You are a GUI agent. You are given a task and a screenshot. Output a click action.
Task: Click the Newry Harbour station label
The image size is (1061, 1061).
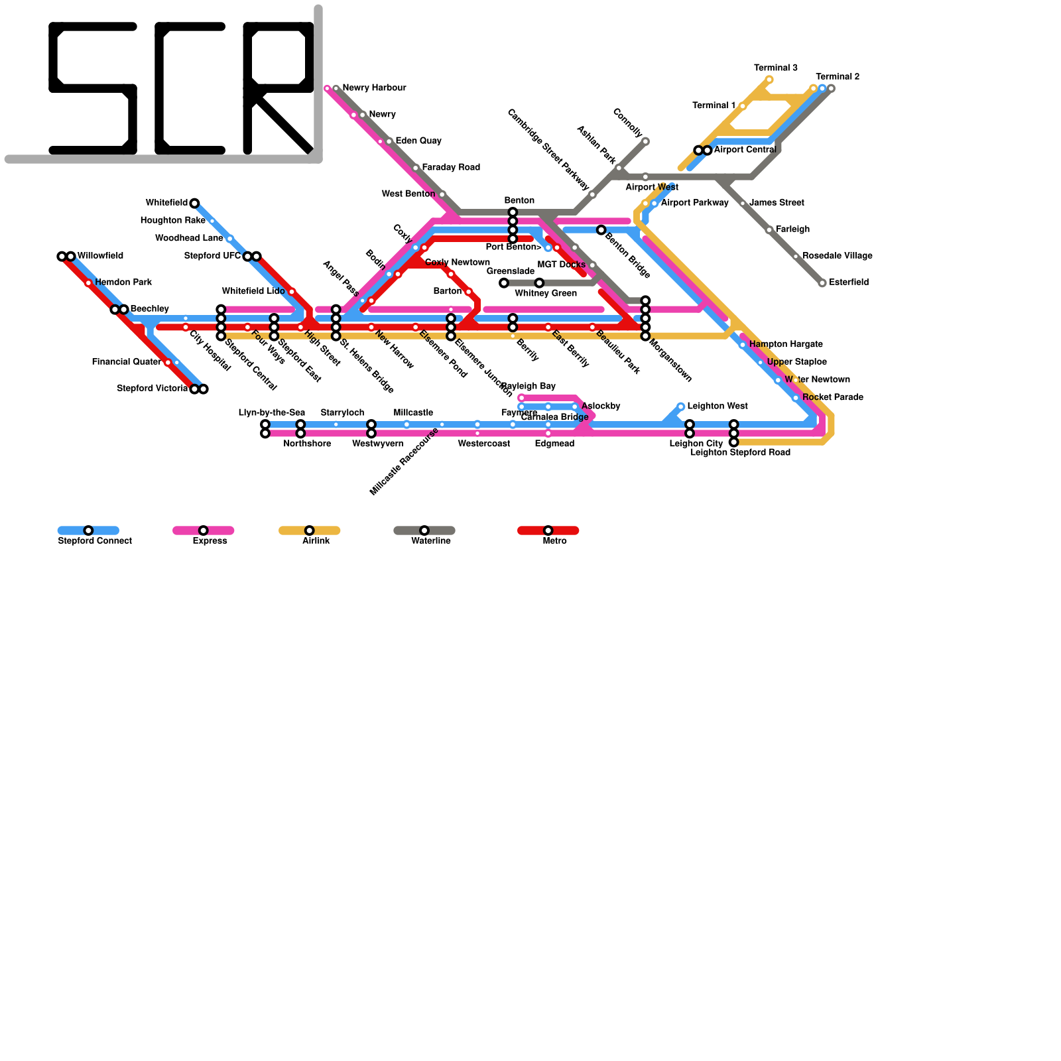tap(374, 88)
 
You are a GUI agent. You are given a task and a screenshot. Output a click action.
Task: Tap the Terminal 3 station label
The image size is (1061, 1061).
tap(775, 68)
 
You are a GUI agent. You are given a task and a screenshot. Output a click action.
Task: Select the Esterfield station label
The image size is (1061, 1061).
tap(848, 282)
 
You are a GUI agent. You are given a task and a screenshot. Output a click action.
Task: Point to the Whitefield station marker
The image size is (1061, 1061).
tap(194, 204)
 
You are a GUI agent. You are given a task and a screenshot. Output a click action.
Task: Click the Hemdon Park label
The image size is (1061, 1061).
tap(123, 282)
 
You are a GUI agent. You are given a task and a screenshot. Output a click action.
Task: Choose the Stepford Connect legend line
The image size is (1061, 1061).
tap(88, 530)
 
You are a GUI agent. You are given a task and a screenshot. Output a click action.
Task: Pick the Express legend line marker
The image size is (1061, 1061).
tap(203, 530)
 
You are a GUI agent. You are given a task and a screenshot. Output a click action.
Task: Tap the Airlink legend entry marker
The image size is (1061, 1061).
tap(309, 530)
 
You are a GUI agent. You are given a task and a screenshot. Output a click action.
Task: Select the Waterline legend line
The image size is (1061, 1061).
tap(424, 530)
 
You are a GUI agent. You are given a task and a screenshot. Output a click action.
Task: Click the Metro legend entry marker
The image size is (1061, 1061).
tap(548, 530)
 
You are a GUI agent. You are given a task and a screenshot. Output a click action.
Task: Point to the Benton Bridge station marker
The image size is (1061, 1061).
tap(601, 230)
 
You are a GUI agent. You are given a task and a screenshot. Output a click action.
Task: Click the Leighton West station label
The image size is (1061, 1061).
tap(717, 406)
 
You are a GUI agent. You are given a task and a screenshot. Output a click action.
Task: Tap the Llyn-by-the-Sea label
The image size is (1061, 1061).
tap(271, 413)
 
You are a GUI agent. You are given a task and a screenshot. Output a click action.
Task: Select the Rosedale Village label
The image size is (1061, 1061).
tap(837, 256)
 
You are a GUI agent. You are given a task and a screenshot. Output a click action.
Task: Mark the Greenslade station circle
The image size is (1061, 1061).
tap(504, 283)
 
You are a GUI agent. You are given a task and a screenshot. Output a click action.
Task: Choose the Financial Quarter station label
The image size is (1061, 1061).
tap(126, 362)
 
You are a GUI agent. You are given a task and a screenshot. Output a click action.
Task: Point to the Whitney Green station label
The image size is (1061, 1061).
tap(545, 294)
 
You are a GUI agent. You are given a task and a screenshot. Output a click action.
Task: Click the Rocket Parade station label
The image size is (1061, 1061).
tap(832, 398)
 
